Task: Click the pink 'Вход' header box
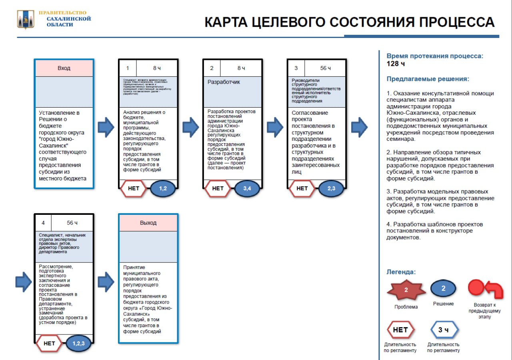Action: pyautogui.click(x=64, y=68)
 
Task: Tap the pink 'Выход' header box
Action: pyautogui.click(x=148, y=223)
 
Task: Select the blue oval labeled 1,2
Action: pyautogui.click(x=163, y=188)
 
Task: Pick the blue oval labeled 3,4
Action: pyautogui.click(x=247, y=188)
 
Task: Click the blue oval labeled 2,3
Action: pyautogui.click(x=332, y=188)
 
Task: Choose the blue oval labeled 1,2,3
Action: pyautogui.click(x=78, y=343)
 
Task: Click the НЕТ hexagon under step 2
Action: pyautogui.click(x=218, y=188)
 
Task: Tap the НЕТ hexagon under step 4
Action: pyautogui.click(x=49, y=343)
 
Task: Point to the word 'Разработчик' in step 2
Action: pyautogui.click(x=224, y=82)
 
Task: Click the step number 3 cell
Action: pyautogui.click(x=296, y=68)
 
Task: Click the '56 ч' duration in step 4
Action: pyautogui.click(x=72, y=223)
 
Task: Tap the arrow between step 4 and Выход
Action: pyautogui.click(x=106, y=282)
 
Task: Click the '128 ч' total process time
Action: pyautogui.click(x=396, y=64)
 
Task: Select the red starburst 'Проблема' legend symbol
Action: pyautogui.click(x=406, y=290)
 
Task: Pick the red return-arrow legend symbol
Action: pyautogui.click(x=485, y=288)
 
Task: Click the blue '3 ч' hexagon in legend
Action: pyautogui.click(x=443, y=330)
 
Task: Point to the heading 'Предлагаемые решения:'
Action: pyautogui.click(x=428, y=79)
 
